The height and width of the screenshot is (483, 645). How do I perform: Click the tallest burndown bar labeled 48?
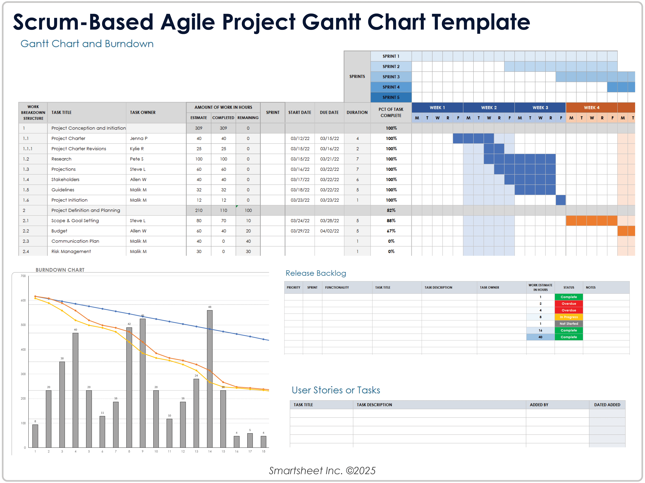coord(210,379)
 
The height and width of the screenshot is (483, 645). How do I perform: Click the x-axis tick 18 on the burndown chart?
coord(263,451)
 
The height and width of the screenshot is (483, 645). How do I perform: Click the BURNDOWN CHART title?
coord(60,270)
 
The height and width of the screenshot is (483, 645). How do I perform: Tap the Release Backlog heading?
coord(315,273)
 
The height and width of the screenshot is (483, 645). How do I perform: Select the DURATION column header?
coord(357,112)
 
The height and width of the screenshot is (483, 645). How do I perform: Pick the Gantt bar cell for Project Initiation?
coord(560,200)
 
